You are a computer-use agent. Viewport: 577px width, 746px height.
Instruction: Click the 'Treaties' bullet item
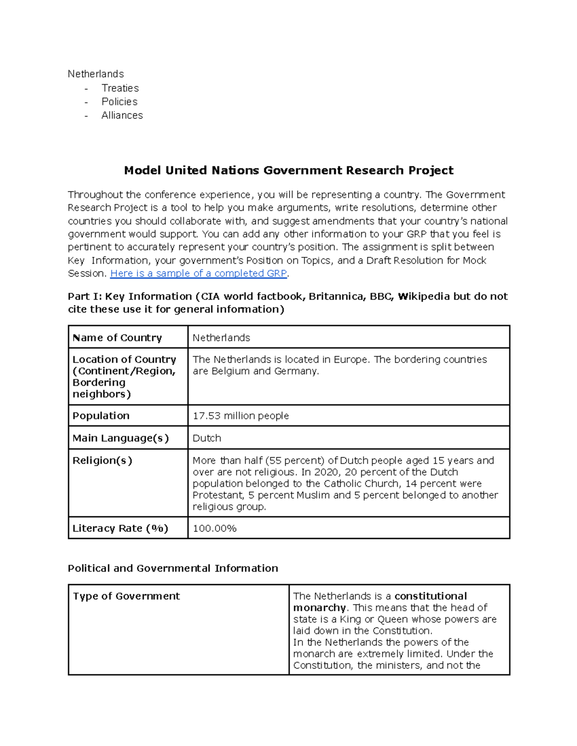pyautogui.click(x=120, y=88)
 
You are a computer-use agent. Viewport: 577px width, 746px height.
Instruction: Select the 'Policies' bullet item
pyautogui.click(x=119, y=102)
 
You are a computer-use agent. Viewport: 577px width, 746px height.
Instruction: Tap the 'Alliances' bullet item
pyautogui.click(x=122, y=115)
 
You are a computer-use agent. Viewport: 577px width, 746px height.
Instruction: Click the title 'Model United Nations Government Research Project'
pyautogui.click(x=288, y=171)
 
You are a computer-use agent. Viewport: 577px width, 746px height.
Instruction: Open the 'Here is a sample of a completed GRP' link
pyautogui.click(x=199, y=273)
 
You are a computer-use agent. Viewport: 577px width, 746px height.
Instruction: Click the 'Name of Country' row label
pyautogui.click(x=117, y=338)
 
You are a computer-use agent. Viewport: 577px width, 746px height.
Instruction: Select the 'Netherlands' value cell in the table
pyautogui.click(x=221, y=338)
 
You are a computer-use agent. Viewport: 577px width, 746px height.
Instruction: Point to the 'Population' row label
pyautogui.click(x=101, y=416)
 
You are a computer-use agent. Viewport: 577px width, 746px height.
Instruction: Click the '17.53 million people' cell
pyautogui.click(x=240, y=416)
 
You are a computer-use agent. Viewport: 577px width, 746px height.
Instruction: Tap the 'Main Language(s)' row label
pyautogui.click(x=121, y=438)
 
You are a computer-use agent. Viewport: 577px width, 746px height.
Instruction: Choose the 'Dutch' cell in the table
pyautogui.click(x=207, y=438)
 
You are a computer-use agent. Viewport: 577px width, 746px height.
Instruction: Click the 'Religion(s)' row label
pyautogui.click(x=102, y=460)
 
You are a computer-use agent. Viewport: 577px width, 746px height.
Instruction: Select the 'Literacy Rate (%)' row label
pyautogui.click(x=120, y=528)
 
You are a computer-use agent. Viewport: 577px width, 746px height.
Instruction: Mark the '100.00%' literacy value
pyautogui.click(x=214, y=528)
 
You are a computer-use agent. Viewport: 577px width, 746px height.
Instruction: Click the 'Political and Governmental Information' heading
pyautogui.click(x=173, y=568)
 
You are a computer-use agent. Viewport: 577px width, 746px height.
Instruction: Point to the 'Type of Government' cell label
pyautogui.click(x=126, y=596)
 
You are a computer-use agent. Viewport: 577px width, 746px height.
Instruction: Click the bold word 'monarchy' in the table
pyautogui.click(x=319, y=608)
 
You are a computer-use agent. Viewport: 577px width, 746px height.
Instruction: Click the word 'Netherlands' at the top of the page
pyautogui.click(x=96, y=74)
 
